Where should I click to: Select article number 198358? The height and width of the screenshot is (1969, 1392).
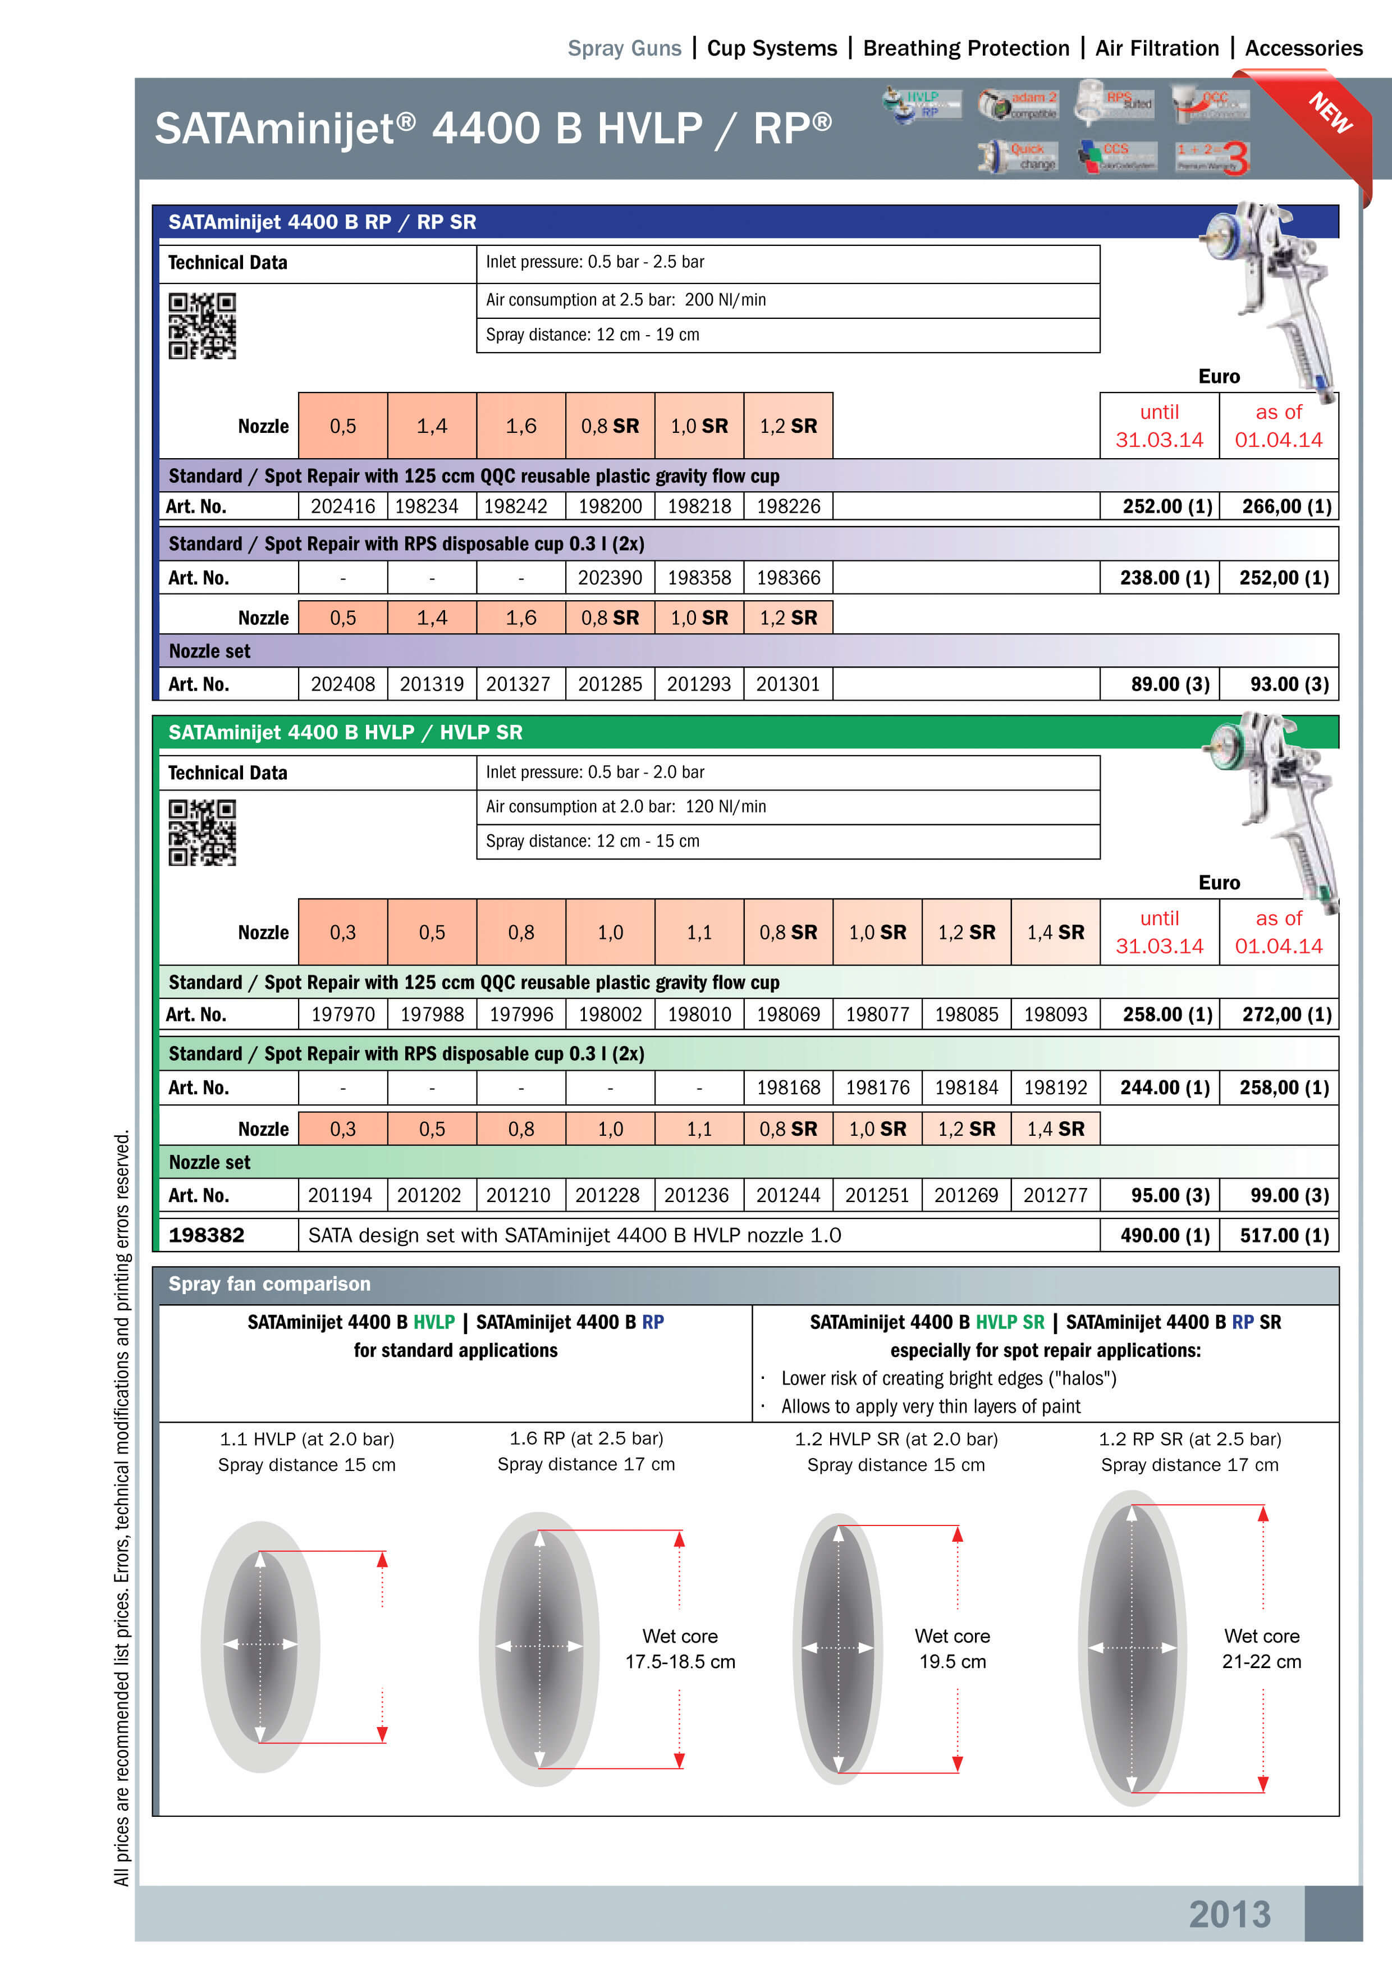click(699, 578)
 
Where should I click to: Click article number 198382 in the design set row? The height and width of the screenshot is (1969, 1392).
click(207, 1235)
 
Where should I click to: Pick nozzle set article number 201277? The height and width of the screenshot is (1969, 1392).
click(1055, 1195)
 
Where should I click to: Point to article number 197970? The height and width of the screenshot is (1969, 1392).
click(343, 1015)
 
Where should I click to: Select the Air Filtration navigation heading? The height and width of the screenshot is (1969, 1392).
click(1156, 48)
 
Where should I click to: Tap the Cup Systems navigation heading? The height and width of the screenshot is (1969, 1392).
click(771, 48)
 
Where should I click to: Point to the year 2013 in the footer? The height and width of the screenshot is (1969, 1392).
click(1229, 1914)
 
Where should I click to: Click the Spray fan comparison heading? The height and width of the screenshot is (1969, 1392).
click(269, 1284)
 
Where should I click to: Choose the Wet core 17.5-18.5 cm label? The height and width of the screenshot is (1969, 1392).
click(680, 1648)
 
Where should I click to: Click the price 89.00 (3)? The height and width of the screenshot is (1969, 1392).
click(1169, 684)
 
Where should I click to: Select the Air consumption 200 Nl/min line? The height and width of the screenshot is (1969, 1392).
click(626, 300)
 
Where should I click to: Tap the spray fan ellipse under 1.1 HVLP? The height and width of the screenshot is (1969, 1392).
click(260, 1645)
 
